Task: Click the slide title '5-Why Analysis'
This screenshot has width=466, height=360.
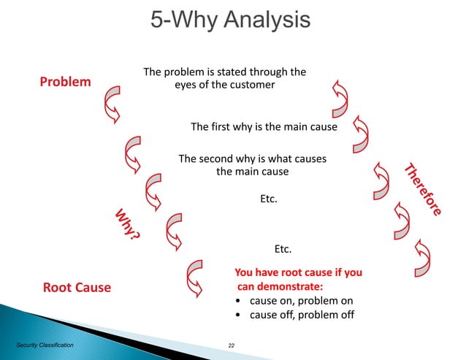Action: [x=230, y=19]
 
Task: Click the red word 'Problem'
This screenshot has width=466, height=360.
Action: [x=65, y=81]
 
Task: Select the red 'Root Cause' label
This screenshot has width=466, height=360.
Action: [x=77, y=287]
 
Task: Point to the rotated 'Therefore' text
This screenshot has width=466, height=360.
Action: [x=423, y=188]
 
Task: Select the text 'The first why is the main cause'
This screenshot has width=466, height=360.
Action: [x=264, y=126]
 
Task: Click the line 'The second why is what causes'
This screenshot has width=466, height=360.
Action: [x=252, y=158]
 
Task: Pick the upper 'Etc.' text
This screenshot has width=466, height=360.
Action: [x=269, y=197]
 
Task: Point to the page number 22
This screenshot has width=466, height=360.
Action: [x=233, y=342]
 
